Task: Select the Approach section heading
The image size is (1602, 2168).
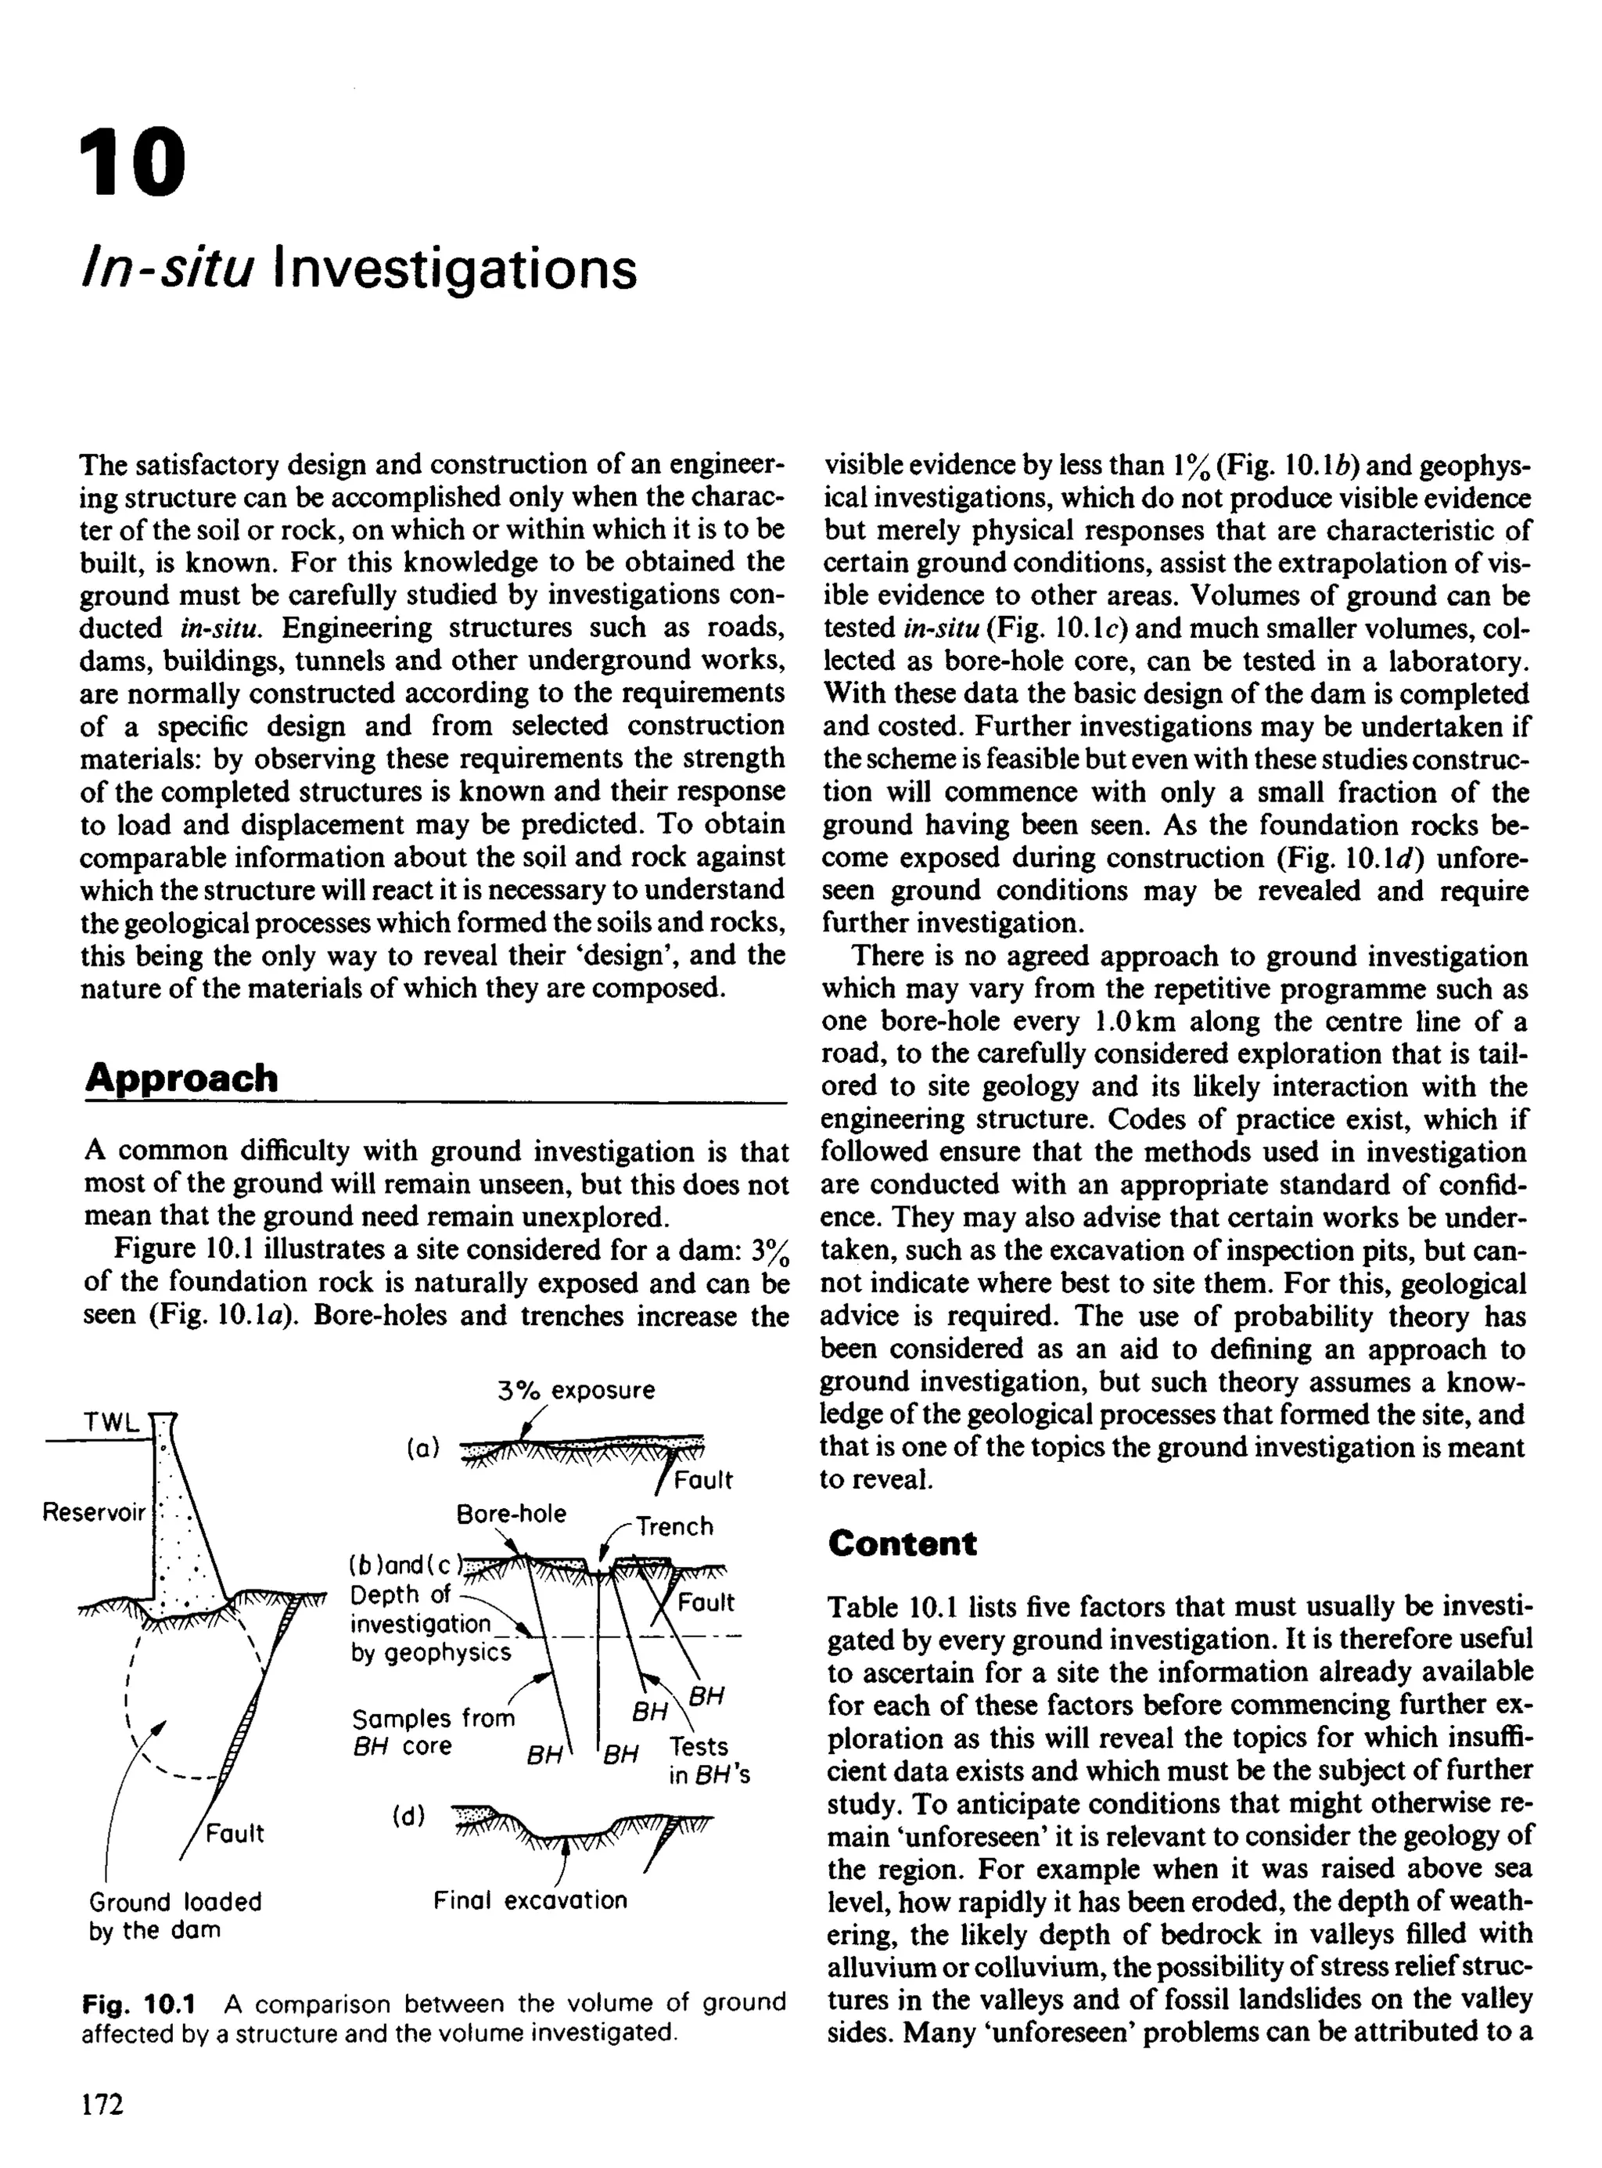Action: (x=181, y=1078)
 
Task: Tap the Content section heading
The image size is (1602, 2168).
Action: (x=902, y=1543)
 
